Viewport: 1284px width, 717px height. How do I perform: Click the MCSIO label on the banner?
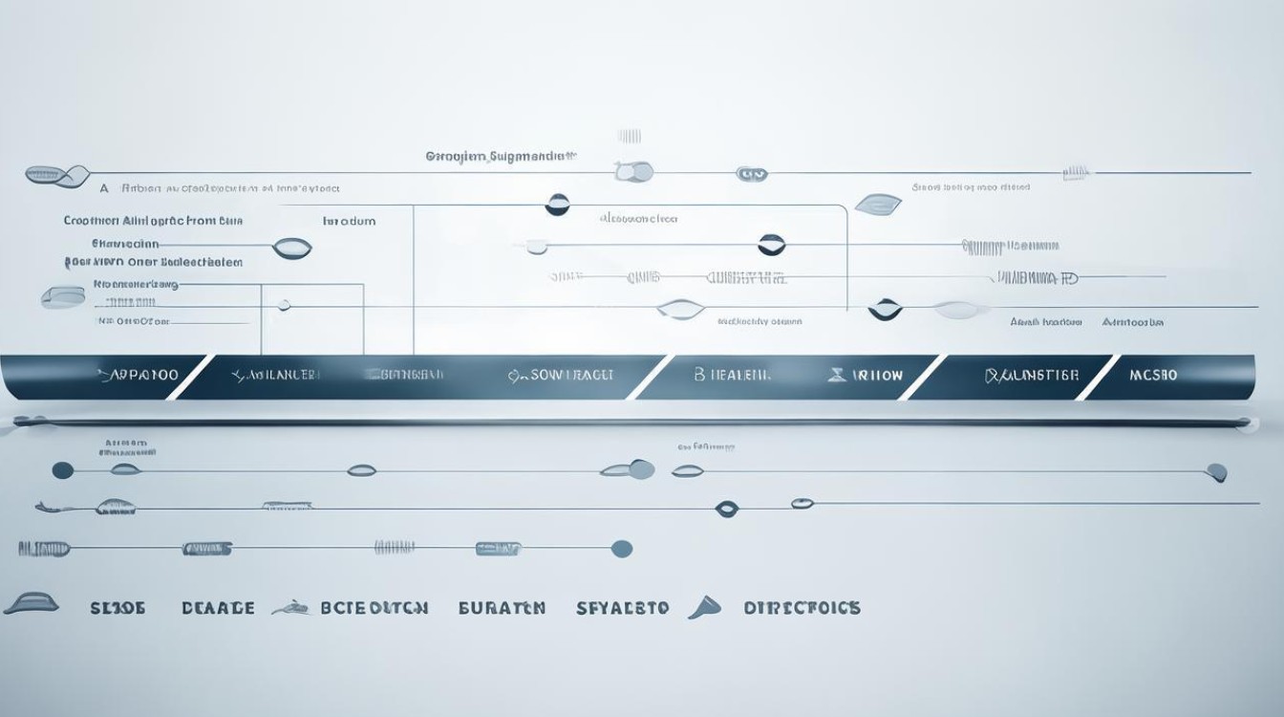click(x=1154, y=375)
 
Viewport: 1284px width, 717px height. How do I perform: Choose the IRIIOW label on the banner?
click(x=876, y=376)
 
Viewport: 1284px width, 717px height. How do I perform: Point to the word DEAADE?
click(x=218, y=608)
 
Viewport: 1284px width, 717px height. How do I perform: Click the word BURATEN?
click(x=502, y=608)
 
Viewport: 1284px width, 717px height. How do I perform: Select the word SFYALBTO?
click(x=623, y=608)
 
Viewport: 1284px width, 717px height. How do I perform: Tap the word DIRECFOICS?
click(x=802, y=608)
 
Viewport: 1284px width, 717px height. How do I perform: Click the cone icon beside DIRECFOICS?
click(x=703, y=607)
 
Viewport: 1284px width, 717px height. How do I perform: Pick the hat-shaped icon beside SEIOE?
click(x=32, y=603)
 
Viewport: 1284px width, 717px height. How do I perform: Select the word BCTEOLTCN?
click(x=374, y=608)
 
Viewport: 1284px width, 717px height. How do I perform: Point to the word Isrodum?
click(x=349, y=221)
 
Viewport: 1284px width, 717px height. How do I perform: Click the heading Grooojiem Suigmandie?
click(x=502, y=155)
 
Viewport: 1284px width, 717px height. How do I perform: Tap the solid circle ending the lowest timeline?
click(x=621, y=549)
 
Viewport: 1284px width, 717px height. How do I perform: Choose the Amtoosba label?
click(x=1133, y=323)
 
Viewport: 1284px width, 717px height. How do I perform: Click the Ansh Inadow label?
click(x=1045, y=323)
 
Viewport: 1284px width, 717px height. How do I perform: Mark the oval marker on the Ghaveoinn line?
click(x=291, y=249)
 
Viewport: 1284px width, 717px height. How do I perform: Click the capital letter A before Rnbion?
click(x=103, y=189)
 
